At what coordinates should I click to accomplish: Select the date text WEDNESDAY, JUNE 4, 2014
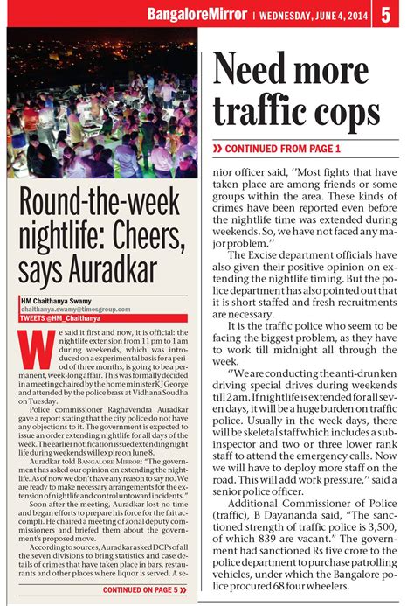click(x=310, y=14)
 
